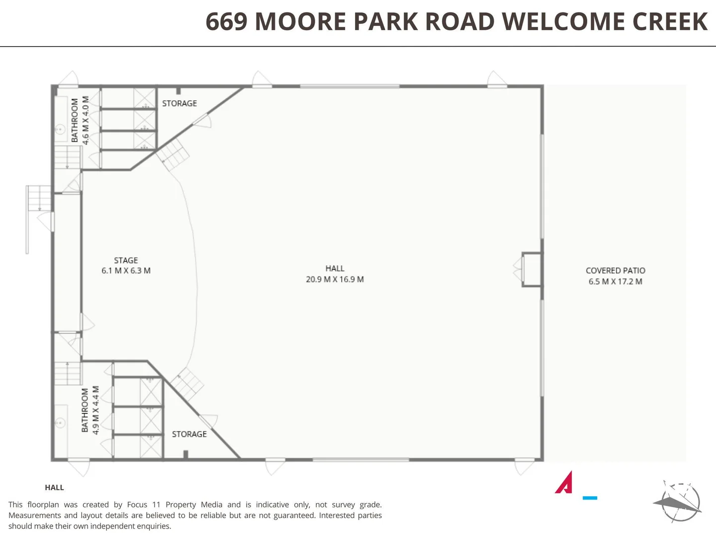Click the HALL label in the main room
335,268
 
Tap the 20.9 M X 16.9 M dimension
335,279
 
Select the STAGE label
126,261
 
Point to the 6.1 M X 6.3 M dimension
126,271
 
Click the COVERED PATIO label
615,270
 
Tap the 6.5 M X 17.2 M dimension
615,281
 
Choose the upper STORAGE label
179,103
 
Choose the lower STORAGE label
189,434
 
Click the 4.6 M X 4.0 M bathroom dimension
86,120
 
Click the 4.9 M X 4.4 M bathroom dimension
96,410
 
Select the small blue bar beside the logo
590,498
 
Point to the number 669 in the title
226,22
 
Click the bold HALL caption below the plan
54,488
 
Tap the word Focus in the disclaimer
137,505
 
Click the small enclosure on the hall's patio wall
531,269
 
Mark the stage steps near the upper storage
173,153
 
